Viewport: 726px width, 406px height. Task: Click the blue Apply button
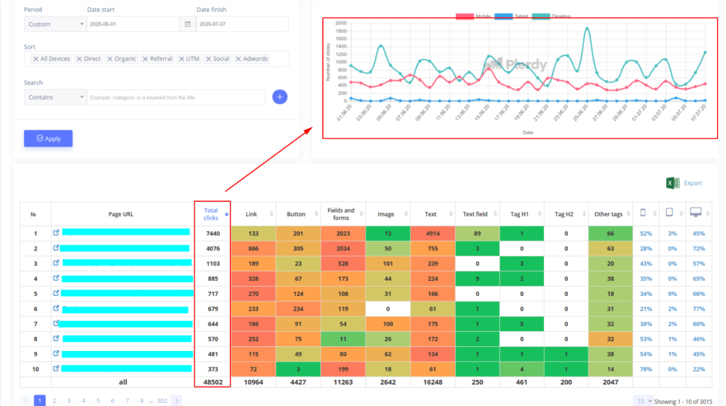click(48, 138)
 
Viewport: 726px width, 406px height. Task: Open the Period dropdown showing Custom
click(55, 24)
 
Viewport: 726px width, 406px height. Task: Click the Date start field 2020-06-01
click(133, 24)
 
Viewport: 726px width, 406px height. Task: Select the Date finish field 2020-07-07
click(242, 24)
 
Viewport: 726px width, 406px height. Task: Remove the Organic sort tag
click(110, 59)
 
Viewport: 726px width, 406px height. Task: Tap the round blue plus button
click(280, 97)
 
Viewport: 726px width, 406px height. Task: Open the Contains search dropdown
click(55, 97)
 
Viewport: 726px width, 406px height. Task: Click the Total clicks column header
click(211, 214)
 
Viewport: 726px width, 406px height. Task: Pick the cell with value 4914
click(433, 234)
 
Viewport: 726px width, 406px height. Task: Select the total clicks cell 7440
click(212, 234)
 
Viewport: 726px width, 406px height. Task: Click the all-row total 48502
click(212, 382)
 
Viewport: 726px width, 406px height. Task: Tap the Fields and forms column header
click(341, 214)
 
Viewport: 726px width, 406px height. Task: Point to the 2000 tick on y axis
click(341, 23)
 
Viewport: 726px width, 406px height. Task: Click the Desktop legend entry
click(552, 16)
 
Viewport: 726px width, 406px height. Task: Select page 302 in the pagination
click(162, 401)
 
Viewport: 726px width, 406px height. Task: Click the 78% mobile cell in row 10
click(646, 369)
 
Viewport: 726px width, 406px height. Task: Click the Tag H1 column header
click(520, 214)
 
